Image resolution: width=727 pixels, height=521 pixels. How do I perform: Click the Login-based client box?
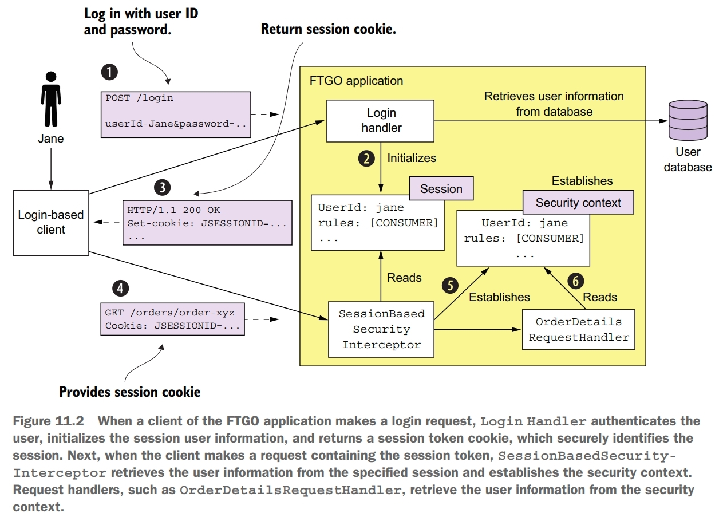51,222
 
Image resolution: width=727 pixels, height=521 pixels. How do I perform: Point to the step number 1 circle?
109,72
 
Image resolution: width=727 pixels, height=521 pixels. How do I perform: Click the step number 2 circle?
366,158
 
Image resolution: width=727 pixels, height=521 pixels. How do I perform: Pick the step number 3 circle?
163,187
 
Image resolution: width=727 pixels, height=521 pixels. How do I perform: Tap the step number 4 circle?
120,289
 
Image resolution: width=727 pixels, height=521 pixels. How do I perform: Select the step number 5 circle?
450,285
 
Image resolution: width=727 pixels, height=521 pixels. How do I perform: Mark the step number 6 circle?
575,281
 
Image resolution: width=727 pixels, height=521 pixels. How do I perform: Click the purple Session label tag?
441,189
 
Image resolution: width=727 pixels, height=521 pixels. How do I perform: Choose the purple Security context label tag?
578,203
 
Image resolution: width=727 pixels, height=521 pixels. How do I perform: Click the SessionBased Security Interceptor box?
381,329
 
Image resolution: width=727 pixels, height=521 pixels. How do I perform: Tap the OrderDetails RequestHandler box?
578,329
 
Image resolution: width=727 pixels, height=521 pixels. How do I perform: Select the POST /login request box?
176,115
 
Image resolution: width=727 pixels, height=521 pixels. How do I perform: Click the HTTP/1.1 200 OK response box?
207,222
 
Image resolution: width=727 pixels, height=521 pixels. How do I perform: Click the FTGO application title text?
356,81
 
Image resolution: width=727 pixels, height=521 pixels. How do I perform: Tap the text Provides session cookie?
130,392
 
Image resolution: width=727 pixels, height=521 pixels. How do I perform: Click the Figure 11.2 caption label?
48,421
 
